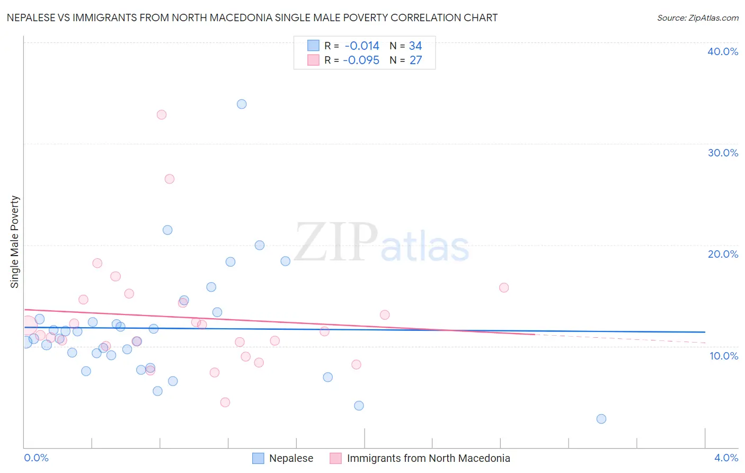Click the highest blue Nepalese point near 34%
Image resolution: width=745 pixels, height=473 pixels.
tap(242, 104)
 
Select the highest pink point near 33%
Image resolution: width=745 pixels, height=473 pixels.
tap(162, 115)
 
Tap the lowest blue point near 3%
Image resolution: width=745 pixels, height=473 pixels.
tap(601, 419)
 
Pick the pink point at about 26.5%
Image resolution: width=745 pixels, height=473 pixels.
tap(170, 179)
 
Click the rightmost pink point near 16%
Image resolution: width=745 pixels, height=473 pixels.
tap(504, 287)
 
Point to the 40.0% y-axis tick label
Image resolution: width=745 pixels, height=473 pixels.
tap(723, 51)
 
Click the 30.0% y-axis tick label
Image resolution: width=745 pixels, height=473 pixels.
tap(723, 153)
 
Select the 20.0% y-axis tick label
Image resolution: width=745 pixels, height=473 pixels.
tap(723, 254)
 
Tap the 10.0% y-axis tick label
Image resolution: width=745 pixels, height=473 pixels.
tap(724, 356)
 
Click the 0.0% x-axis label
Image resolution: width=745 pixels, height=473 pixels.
tap(37, 458)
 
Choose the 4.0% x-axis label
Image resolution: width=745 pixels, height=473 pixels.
tap(726, 458)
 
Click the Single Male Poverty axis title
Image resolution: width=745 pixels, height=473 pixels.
tap(15, 242)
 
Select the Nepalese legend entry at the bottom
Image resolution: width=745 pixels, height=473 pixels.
tap(291, 458)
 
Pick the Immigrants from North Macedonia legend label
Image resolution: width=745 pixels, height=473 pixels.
tap(428, 458)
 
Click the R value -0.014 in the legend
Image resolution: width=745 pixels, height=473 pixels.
tap(362, 46)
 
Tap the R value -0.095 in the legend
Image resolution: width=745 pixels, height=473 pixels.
tap(361, 60)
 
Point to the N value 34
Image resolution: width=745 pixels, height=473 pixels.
tap(415, 46)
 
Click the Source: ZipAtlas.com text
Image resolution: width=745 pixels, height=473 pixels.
tap(697, 18)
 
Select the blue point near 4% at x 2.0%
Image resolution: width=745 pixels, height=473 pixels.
tap(359, 406)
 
